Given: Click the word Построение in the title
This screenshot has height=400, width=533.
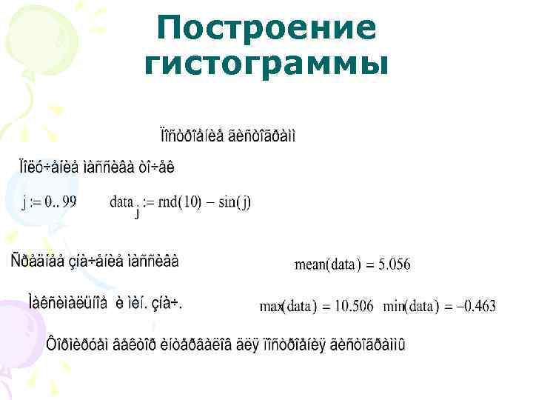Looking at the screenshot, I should point(266,30).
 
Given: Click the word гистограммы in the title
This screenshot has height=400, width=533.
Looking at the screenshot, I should point(266,65).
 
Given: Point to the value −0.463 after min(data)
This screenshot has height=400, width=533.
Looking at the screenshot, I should point(472,305).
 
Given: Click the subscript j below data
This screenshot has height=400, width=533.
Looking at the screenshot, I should point(137,214).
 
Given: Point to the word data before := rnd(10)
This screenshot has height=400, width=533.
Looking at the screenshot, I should point(121,201).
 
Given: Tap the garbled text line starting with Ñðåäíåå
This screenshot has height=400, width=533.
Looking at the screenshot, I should point(94,261).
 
